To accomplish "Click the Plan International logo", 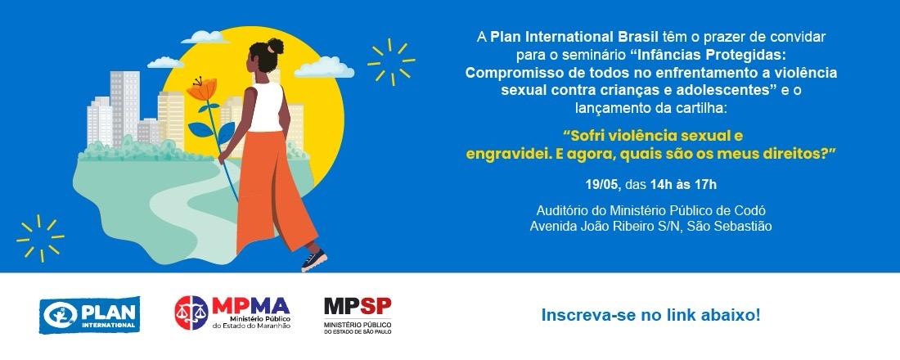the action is click(x=89, y=315).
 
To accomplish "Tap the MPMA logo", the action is click(x=232, y=313).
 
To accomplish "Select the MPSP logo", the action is click(x=358, y=315).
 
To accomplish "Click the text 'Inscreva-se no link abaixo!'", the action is click(x=651, y=315).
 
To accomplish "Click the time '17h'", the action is click(x=706, y=185).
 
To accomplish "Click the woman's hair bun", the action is click(x=276, y=46).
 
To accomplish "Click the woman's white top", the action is click(x=267, y=107).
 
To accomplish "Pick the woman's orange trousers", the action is click(x=274, y=191).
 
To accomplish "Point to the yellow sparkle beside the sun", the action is click(x=391, y=61).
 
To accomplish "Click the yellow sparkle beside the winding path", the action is click(x=40, y=238).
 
